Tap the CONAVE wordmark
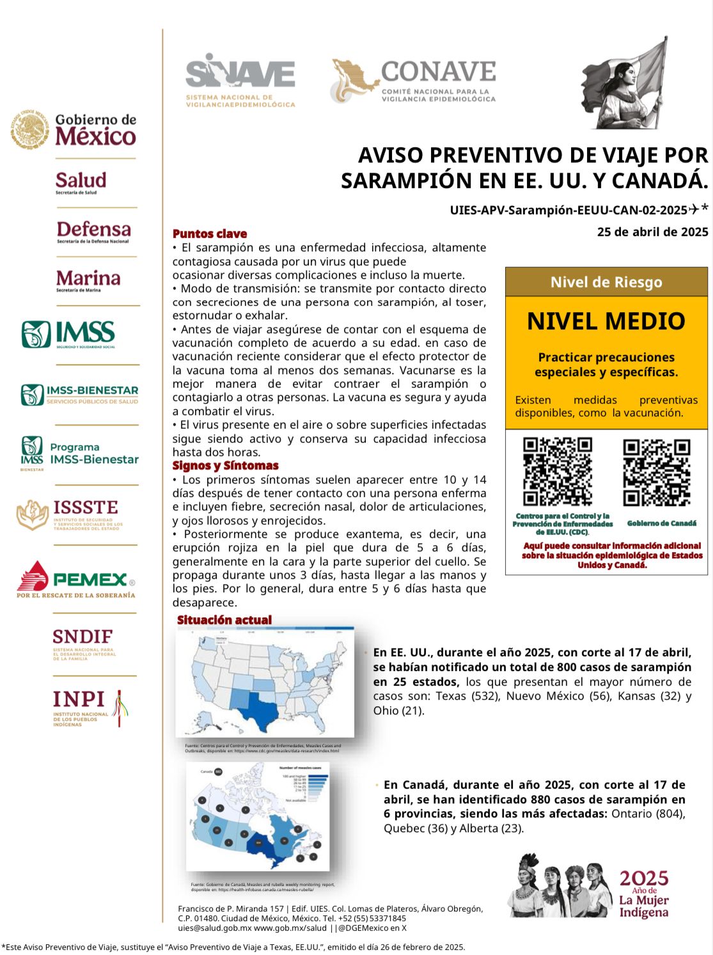(438, 72)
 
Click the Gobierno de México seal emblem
(29, 129)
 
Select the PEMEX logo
(76, 580)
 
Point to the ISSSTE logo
(70, 514)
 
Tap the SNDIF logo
(83, 642)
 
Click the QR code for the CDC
(557, 471)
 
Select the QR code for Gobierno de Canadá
(657, 472)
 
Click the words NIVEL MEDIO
(606, 321)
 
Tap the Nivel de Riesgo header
(606, 282)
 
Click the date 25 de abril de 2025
(652, 232)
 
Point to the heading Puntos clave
(210, 234)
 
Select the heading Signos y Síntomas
(225, 466)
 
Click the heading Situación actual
(224, 620)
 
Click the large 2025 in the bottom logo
(644, 878)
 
